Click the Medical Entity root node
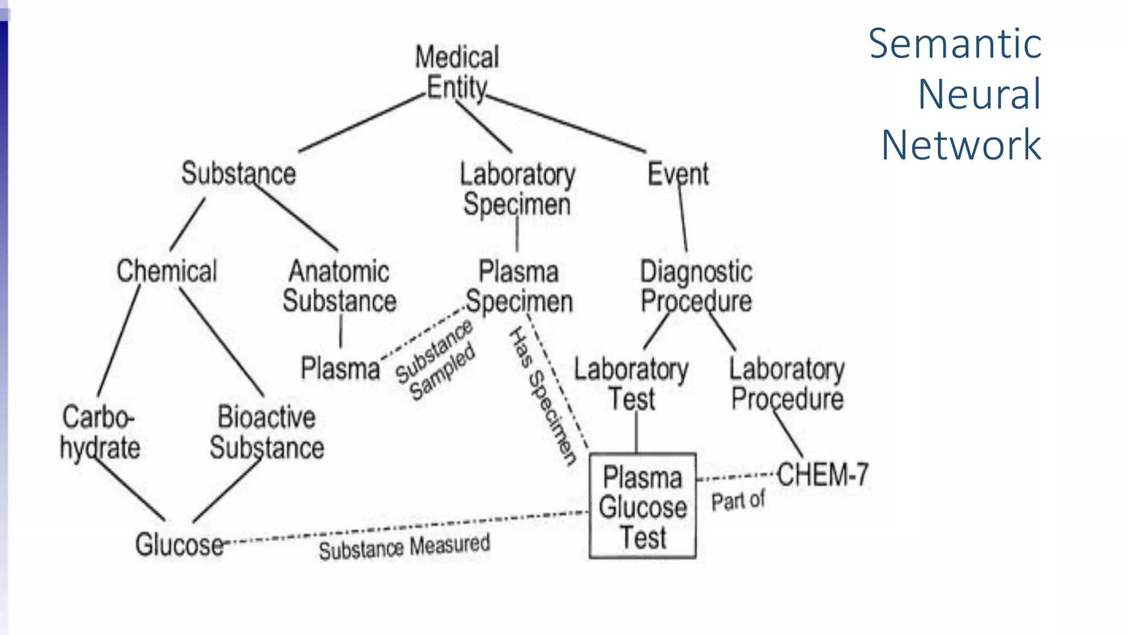pos(457,72)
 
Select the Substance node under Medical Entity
pos(238,174)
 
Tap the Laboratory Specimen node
pos(517,189)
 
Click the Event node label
pos(677,174)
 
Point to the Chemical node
pos(167,271)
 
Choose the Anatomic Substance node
pos(339,286)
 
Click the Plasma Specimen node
pos(519,287)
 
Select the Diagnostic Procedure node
pos(696,286)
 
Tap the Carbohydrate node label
pos(100,432)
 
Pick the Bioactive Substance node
pos(267,432)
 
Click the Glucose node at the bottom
pos(179,545)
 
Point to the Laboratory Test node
pos(631,384)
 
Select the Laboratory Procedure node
pos(787,384)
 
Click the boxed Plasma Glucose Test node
pos(642,507)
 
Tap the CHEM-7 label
pos(822,475)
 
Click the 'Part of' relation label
pos(738,501)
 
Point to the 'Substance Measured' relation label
pos(404,547)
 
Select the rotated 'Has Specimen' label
pos(543,395)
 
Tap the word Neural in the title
pos(979,94)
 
